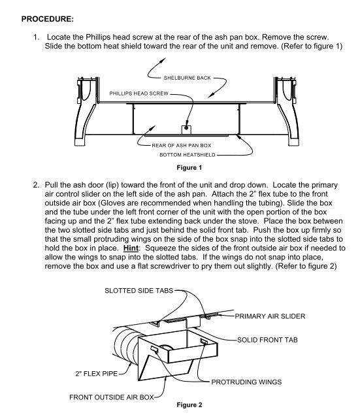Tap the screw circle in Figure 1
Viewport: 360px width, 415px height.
[187, 123]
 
